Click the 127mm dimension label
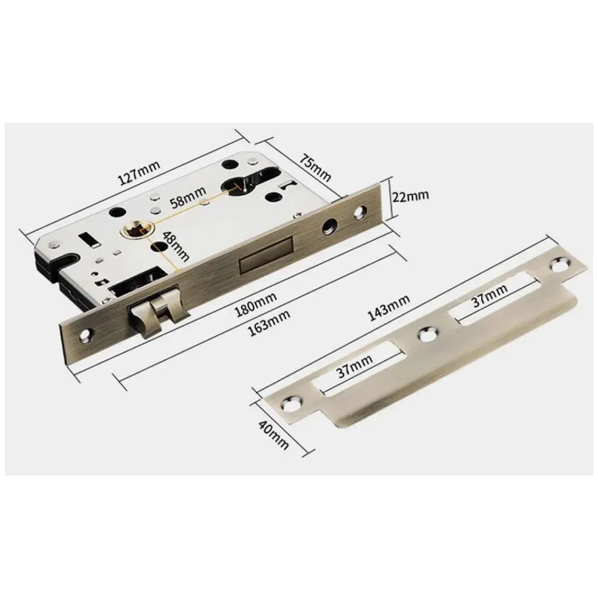point(139,173)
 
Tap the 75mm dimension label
point(315,167)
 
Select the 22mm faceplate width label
point(411,196)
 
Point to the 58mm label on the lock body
point(188,196)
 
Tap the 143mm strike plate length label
point(389,307)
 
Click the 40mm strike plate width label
point(273,434)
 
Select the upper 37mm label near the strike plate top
point(490,294)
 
